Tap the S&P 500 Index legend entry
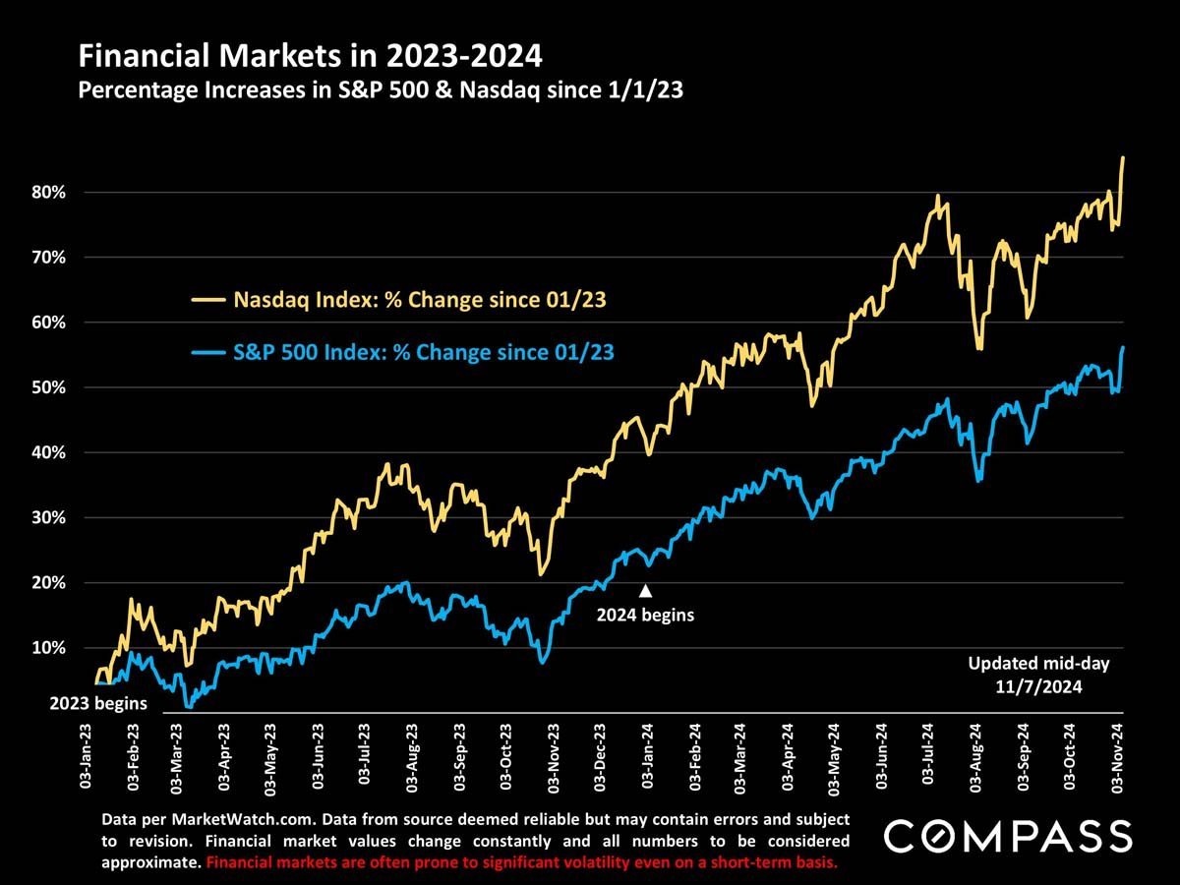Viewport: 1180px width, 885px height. [403, 350]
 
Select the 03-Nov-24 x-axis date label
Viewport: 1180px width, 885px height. [1119, 755]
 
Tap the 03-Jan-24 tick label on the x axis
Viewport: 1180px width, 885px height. [648, 755]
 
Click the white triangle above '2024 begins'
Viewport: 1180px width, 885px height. [646, 591]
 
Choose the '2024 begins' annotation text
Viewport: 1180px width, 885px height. [646, 617]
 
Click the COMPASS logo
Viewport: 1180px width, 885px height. [1008, 836]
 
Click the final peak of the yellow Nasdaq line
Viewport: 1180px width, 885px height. [1123, 157]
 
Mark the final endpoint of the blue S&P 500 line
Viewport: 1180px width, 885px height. [1123, 347]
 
